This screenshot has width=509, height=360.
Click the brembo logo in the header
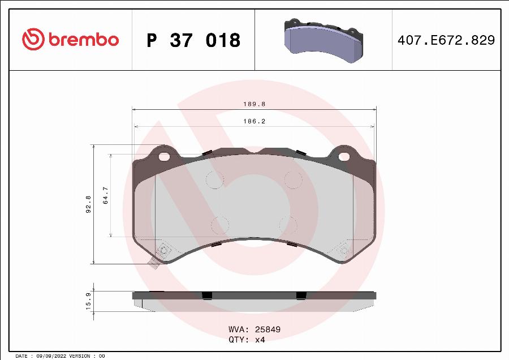click(x=71, y=40)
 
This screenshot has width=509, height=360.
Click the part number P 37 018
click(x=193, y=40)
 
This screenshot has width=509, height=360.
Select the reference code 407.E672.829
click(x=447, y=40)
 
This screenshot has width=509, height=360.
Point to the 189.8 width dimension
click(x=255, y=104)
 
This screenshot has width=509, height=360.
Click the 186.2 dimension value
click(x=255, y=121)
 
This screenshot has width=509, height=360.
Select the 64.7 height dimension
click(x=106, y=195)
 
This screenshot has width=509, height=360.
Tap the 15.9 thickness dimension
click(x=88, y=301)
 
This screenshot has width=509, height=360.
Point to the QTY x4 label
click(x=247, y=340)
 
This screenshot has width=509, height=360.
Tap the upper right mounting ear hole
click(x=344, y=156)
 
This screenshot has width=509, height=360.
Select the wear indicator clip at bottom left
click(x=153, y=262)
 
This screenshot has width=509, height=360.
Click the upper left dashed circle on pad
click(x=214, y=180)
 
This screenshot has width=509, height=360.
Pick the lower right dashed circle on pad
click(x=288, y=225)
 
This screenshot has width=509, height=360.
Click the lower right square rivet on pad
click(x=343, y=250)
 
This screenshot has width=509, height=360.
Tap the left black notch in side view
click(x=207, y=295)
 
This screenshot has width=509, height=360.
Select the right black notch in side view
click(x=301, y=295)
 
